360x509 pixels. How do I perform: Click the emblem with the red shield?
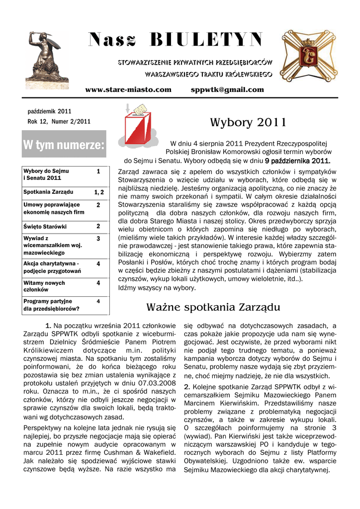[309, 56]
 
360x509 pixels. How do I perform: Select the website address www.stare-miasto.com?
[128, 89]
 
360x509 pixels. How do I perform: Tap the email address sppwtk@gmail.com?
[227, 89]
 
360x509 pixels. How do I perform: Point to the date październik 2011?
[49, 111]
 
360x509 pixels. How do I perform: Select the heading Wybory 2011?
[248, 122]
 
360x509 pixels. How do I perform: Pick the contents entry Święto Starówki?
[45, 227]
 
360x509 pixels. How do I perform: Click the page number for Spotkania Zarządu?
[98, 192]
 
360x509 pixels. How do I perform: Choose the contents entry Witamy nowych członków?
[44, 286]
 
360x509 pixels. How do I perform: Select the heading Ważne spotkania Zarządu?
[213, 307]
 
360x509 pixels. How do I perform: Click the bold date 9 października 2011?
[297, 161]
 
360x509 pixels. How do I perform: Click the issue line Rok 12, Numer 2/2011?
[59, 121]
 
